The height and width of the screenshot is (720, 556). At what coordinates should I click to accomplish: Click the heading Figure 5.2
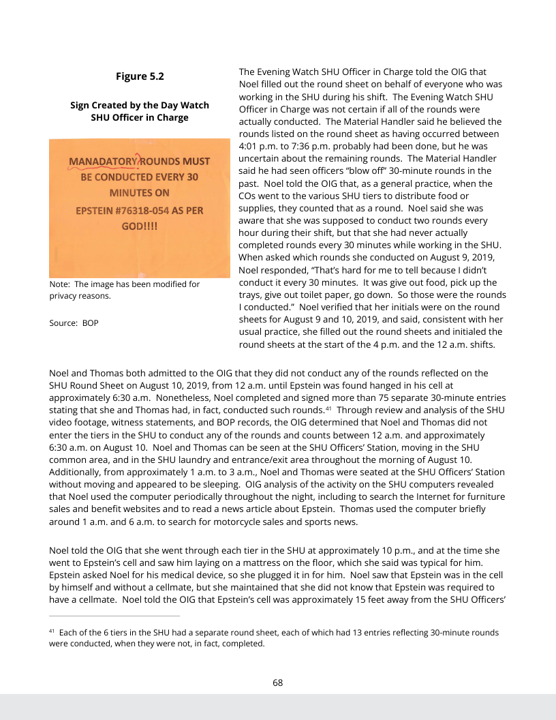[140, 76]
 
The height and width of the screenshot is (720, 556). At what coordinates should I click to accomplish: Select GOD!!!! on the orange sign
[140, 226]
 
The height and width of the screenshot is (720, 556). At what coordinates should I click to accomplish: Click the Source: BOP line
[74, 322]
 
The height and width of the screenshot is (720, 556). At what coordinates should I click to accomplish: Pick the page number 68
[278, 682]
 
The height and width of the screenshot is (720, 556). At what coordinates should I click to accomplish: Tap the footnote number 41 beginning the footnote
[52, 632]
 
